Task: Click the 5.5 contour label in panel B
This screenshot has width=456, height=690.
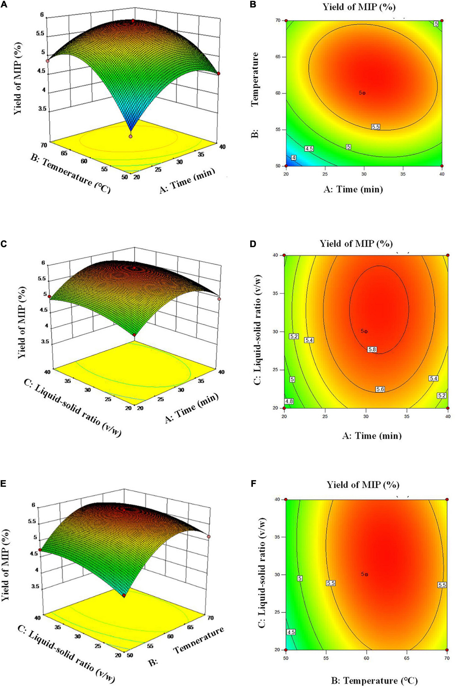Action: click(x=375, y=127)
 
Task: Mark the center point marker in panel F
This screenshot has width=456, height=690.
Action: click(x=367, y=574)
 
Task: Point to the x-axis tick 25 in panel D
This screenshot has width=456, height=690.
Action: click(x=325, y=416)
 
